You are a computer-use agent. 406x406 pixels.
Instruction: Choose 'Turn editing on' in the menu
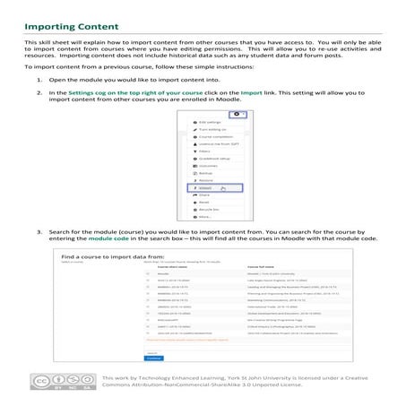tap(211, 129)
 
